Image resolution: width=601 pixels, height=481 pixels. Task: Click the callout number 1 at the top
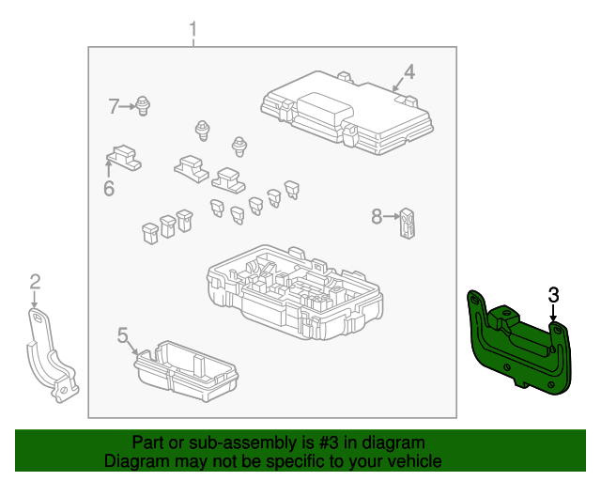click(193, 29)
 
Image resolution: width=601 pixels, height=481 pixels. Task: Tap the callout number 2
click(35, 282)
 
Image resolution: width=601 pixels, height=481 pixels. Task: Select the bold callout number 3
click(553, 295)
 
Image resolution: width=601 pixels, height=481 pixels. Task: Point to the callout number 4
click(409, 71)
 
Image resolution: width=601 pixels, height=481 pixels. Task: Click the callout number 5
click(122, 334)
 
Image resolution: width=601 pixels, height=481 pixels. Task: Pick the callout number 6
click(109, 188)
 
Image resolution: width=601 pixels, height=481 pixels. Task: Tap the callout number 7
click(113, 106)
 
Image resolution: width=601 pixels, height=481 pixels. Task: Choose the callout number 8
click(377, 216)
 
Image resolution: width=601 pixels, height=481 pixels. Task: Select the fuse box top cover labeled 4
click(347, 113)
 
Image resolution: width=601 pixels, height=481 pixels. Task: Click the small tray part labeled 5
click(186, 370)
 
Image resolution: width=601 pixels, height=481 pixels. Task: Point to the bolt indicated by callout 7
click(143, 106)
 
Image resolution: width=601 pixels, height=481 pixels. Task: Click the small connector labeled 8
click(407, 224)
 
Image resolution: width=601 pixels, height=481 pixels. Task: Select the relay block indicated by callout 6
click(123, 158)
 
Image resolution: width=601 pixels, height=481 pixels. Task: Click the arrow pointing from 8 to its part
click(392, 216)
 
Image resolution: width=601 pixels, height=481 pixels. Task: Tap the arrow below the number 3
click(553, 312)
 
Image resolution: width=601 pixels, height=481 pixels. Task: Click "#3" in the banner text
click(329, 442)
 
